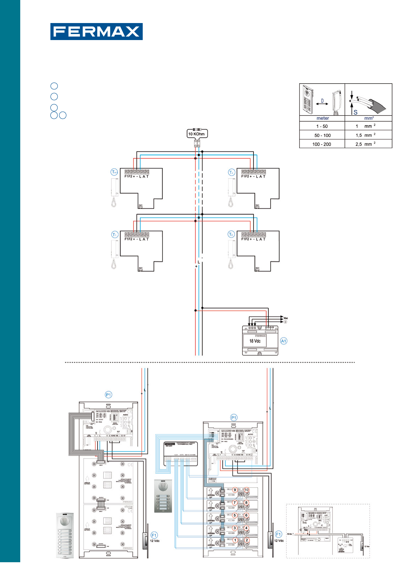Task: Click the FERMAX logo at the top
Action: (96, 32)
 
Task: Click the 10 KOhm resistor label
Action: (197, 134)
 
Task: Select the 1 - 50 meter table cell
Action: (322, 126)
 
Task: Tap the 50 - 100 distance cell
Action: (322, 135)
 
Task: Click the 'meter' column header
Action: (322, 118)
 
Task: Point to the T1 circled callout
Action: (114, 235)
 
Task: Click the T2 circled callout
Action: (231, 235)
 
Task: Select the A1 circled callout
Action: (283, 341)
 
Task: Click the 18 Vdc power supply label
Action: (255, 341)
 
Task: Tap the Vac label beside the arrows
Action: (285, 318)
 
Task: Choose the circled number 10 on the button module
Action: (246, 490)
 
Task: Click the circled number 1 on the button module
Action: (235, 540)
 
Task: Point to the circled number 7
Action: (235, 503)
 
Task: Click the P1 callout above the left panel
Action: (108, 395)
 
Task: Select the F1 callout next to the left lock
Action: (154, 535)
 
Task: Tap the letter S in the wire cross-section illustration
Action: (355, 112)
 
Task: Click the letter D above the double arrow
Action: (322, 101)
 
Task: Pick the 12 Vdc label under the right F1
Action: (279, 541)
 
